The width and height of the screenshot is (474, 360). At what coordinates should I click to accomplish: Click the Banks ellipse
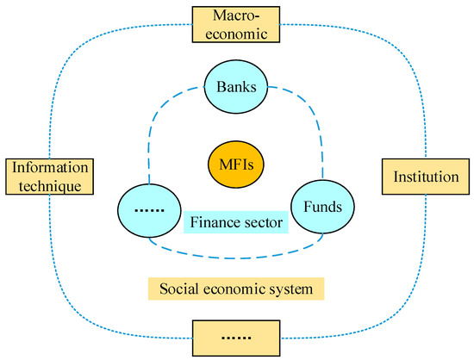[235, 88]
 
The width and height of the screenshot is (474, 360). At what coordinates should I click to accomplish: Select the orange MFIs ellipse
[235, 161]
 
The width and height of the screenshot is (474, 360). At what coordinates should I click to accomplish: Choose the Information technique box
[48, 177]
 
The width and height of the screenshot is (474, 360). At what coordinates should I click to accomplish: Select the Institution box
[421, 178]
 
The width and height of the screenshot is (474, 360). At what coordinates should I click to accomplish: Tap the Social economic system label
[235, 287]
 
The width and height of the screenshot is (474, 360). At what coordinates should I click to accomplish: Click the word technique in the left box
[48, 184]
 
